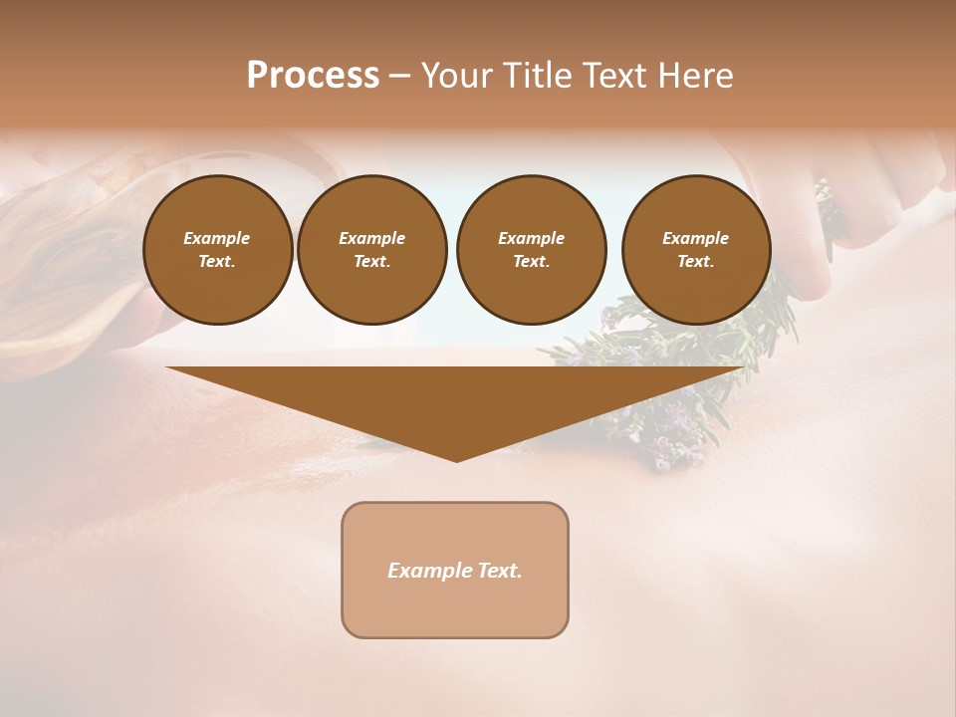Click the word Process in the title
[x=313, y=76]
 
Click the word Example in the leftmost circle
[x=217, y=238]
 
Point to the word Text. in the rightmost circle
[x=695, y=262]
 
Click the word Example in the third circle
[x=531, y=238]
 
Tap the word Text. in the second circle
[x=371, y=262]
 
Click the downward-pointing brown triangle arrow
[x=455, y=398]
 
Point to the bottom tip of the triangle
[x=456, y=460]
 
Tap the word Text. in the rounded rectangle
[x=500, y=571]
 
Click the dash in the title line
[x=399, y=76]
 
